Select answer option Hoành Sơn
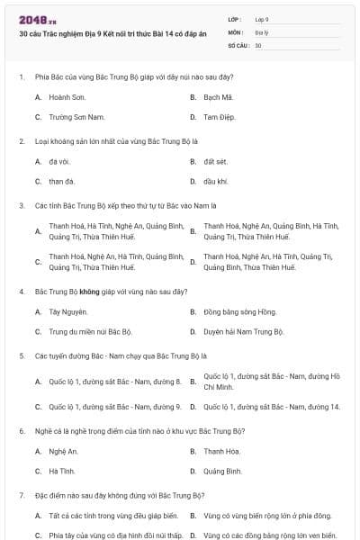(x=60, y=95)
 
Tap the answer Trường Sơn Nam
(x=67, y=117)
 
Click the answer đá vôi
(x=59, y=161)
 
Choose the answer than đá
(x=62, y=181)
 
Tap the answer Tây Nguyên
(x=68, y=311)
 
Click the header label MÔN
(x=235, y=31)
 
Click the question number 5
(x=21, y=356)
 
